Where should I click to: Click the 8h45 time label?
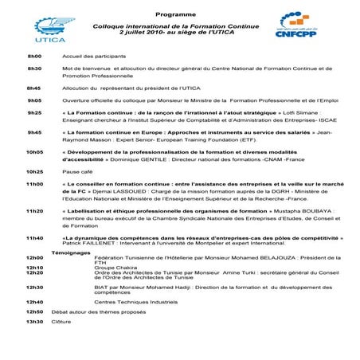[34, 88]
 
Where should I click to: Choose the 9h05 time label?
[34, 101]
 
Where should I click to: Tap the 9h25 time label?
[34, 114]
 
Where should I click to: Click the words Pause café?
[80, 171]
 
